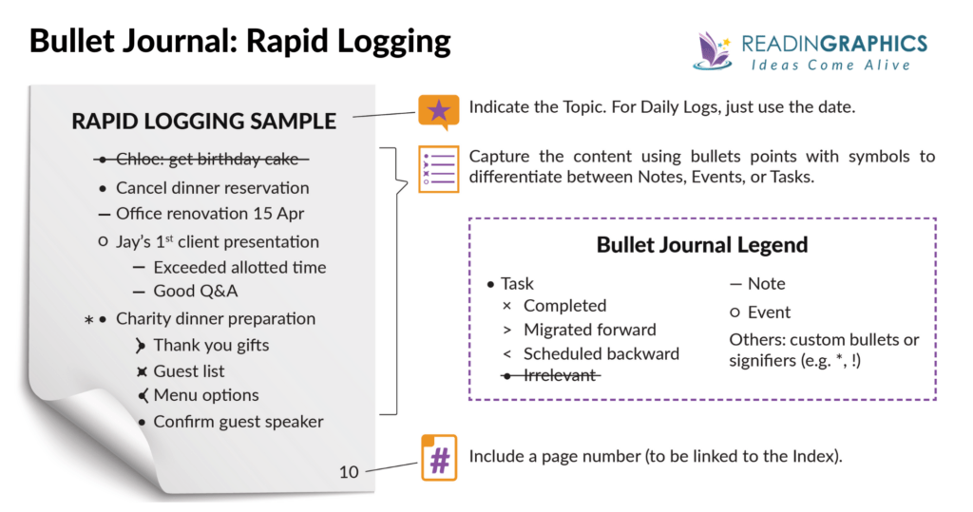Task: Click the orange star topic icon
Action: [438, 111]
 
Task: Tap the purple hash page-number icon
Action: [438, 457]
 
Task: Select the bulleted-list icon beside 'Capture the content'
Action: [438, 168]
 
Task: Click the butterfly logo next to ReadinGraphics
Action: [714, 50]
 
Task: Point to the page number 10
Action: [349, 471]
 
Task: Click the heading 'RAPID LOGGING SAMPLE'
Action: [203, 122]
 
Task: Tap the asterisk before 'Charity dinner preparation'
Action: [88, 320]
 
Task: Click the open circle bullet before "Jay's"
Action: [103, 242]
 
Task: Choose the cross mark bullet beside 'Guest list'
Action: [141, 371]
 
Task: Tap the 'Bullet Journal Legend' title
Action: [701, 244]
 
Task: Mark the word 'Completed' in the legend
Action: [564, 306]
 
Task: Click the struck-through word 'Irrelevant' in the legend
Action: [561, 375]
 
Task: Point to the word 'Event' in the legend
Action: [769, 313]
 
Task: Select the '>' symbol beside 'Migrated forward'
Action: [506, 330]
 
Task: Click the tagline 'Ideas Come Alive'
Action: [830, 66]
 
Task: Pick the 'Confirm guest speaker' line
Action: [238, 422]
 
